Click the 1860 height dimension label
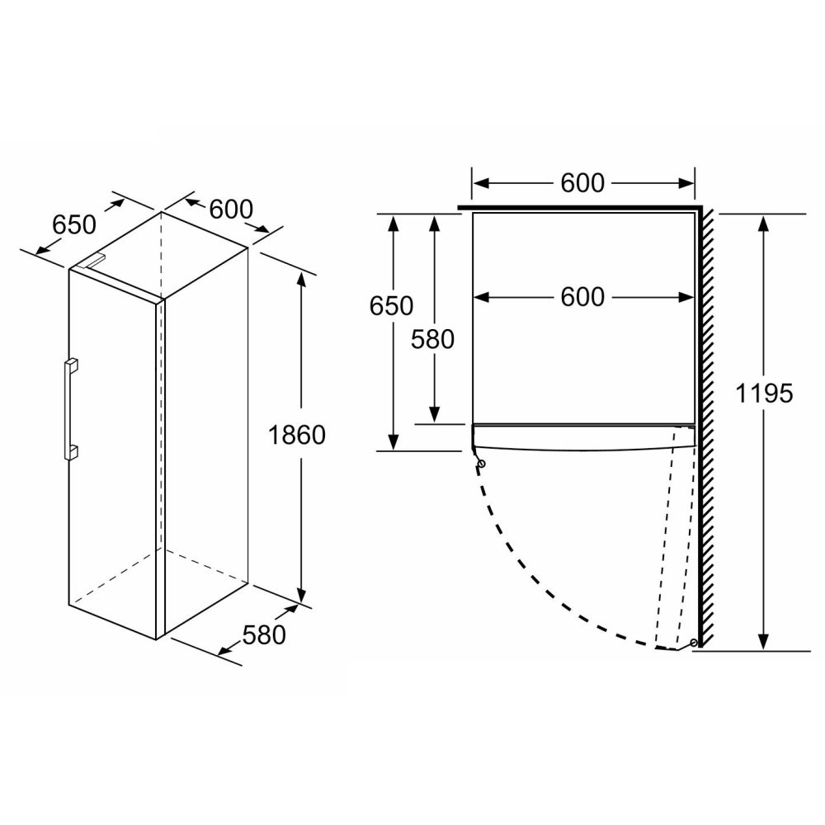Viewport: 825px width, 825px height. tap(297, 436)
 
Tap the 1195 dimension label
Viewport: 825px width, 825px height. tap(764, 394)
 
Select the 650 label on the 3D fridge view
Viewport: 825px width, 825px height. tap(74, 225)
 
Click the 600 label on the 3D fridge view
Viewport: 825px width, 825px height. tap(231, 210)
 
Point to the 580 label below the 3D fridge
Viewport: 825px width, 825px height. tap(264, 635)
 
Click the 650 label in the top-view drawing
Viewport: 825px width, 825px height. tap(391, 306)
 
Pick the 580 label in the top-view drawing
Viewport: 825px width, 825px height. tap(432, 340)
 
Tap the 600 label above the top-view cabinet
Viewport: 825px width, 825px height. tap(582, 183)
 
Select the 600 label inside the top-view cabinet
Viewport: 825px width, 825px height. tap(582, 297)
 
